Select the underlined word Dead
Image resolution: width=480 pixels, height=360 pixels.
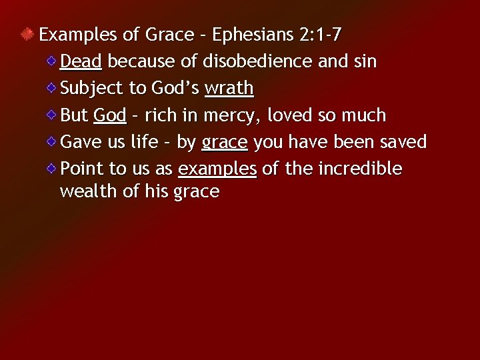click(81, 61)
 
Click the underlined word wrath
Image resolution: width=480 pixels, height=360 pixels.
click(229, 88)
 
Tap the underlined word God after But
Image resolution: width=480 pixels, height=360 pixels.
click(110, 115)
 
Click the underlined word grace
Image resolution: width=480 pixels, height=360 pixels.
click(225, 142)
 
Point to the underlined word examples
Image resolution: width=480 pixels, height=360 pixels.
click(217, 169)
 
